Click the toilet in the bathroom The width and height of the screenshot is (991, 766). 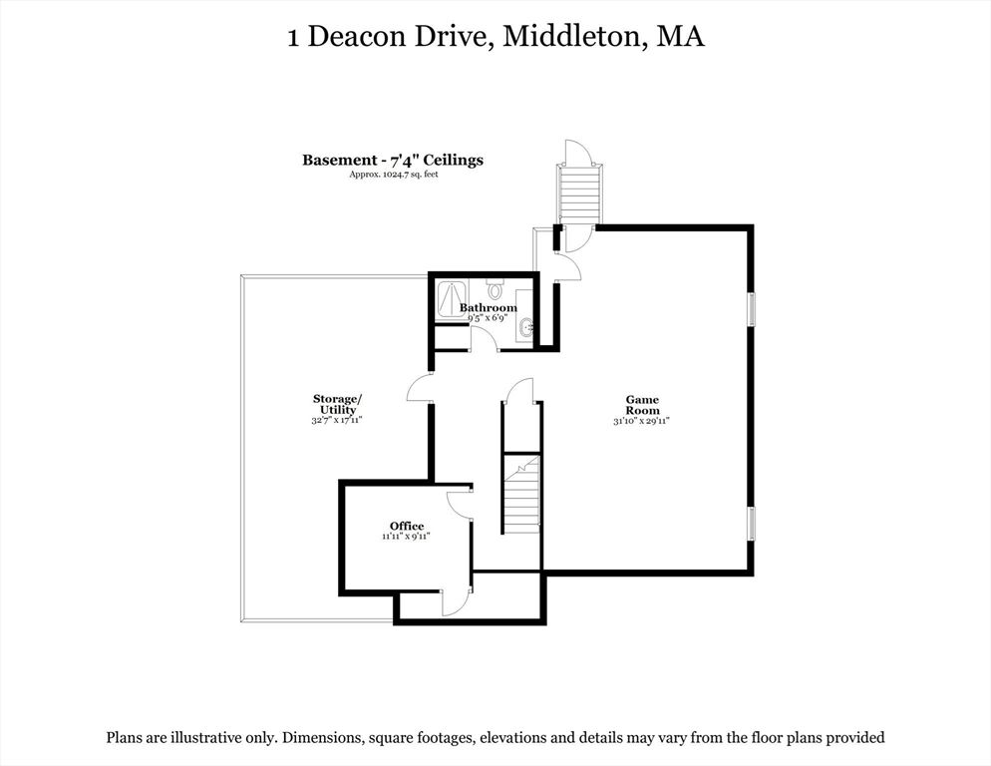(x=495, y=288)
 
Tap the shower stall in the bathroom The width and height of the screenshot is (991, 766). (x=452, y=300)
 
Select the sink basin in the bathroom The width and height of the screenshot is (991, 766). (x=525, y=328)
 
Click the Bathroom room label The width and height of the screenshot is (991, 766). (x=488, y=308)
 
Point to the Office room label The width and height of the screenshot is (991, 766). (x=407, y=527)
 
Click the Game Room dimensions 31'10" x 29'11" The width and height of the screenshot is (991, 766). (x=641, y=421)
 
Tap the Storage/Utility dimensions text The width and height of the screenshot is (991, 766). (x=337, y=419)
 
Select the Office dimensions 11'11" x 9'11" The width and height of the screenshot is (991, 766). (x=406, y=537)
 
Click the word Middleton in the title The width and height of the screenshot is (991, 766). (x=573, y=36)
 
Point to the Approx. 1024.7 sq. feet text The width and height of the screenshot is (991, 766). (x=394, y=175)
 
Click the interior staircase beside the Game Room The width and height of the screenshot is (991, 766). (x=522, y=494)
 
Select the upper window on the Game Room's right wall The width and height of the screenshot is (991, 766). (x=751, y=310)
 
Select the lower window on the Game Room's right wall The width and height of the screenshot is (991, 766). (x=751, y=523)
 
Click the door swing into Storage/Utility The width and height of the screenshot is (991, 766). (x=419, y=387)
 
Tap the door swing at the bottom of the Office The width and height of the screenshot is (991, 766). (x=456, y=599)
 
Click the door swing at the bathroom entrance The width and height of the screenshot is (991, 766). (x=484, y=338)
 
